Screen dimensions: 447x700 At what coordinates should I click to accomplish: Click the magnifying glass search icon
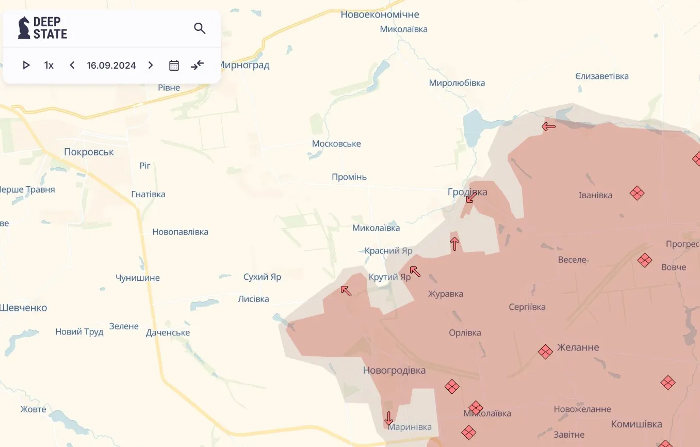tap(200, 28)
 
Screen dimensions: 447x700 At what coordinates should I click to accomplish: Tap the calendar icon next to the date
tap(174, 65)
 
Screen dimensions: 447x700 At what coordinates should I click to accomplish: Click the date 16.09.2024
tap(111, 65)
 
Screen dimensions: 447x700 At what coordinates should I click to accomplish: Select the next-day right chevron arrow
tap(151, 65)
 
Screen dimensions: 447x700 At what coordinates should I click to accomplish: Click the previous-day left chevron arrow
tap(72, 65)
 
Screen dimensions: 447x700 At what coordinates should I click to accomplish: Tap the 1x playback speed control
tap(49, 65)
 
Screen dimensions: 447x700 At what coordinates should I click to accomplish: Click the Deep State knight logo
tap(24, 28)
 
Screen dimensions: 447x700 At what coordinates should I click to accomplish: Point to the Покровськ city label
tap(89, 152)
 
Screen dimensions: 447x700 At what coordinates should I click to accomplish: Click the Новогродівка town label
tap(394, 370)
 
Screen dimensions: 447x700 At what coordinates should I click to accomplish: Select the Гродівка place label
tap(467, 192)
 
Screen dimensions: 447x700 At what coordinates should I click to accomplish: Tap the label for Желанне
tap(578, 347)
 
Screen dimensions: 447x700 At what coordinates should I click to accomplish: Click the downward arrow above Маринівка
tap(389, 418)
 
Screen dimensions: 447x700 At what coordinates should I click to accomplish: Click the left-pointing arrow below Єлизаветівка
tap(549, 125)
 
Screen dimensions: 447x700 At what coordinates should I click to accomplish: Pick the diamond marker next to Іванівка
tap(637, 193)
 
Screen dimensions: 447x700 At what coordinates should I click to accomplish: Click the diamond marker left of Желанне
tap(545, 352)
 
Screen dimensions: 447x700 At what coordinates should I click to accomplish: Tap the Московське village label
tap(336, 143)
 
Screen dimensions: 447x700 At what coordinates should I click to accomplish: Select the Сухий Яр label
tap(262, 277)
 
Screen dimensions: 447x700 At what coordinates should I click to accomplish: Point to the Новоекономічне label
tap(380, 14)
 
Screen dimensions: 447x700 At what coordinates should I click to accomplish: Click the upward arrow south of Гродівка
tap(454, 244)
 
